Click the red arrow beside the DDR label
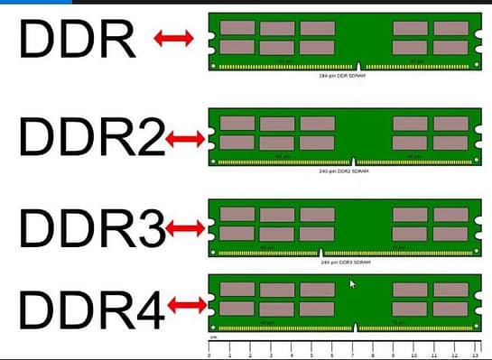(172, 38)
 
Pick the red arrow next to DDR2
(186, 139)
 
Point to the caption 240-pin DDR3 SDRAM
(347, 263)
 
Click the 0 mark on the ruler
(209, 355)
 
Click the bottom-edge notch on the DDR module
(359, 66)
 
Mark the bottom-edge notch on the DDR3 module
(320, 250)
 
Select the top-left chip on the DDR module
(237, 27)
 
